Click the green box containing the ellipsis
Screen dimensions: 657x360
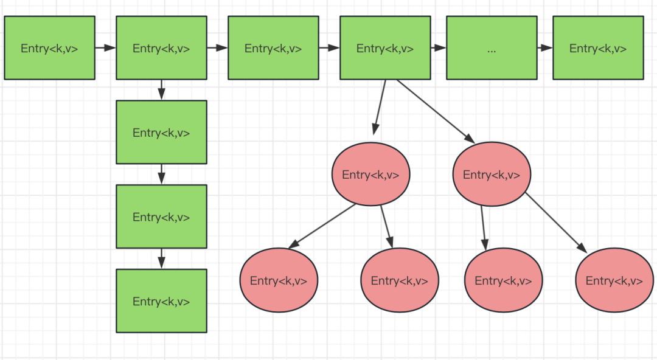[x=492, y=48]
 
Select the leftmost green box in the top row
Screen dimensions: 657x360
[x=49, y=48]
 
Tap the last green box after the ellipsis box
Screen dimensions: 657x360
[x=598, y=48]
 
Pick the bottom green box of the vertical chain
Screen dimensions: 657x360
[x=161, y=301]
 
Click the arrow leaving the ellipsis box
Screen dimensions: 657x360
[x=544, y=48]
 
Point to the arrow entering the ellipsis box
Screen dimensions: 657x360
[x=438, y=48]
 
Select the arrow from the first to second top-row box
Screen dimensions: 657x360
[x=106, y=48]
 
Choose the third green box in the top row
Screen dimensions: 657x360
[x=273, y=48]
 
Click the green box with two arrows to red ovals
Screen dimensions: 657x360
[x=385, y=48]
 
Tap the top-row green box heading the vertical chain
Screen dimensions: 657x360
[x=161, y=48]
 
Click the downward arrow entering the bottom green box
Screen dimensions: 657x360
[x=161, y=258]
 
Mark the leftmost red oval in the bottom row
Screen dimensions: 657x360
[x=279, y=280]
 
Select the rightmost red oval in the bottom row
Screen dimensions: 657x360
[x=614, y=280]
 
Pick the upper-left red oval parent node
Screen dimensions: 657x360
[x=371, y=174]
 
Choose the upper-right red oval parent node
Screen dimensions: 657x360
[x=492, y=174]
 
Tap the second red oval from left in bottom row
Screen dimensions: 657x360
[x=400, y=280]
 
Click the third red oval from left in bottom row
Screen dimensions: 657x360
[x=503, y=280]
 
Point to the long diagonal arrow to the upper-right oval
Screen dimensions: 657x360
[x=436, y=111]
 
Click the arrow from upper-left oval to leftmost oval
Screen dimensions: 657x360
[x=322, y=226]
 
